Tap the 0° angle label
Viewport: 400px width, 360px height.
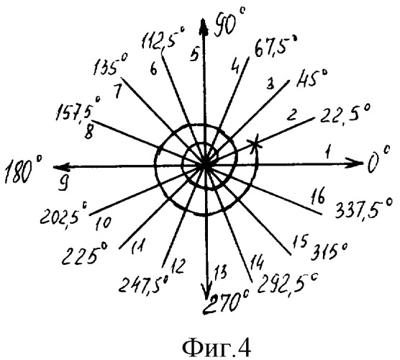point(378,161)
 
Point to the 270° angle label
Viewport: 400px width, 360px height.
point(226,302)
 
